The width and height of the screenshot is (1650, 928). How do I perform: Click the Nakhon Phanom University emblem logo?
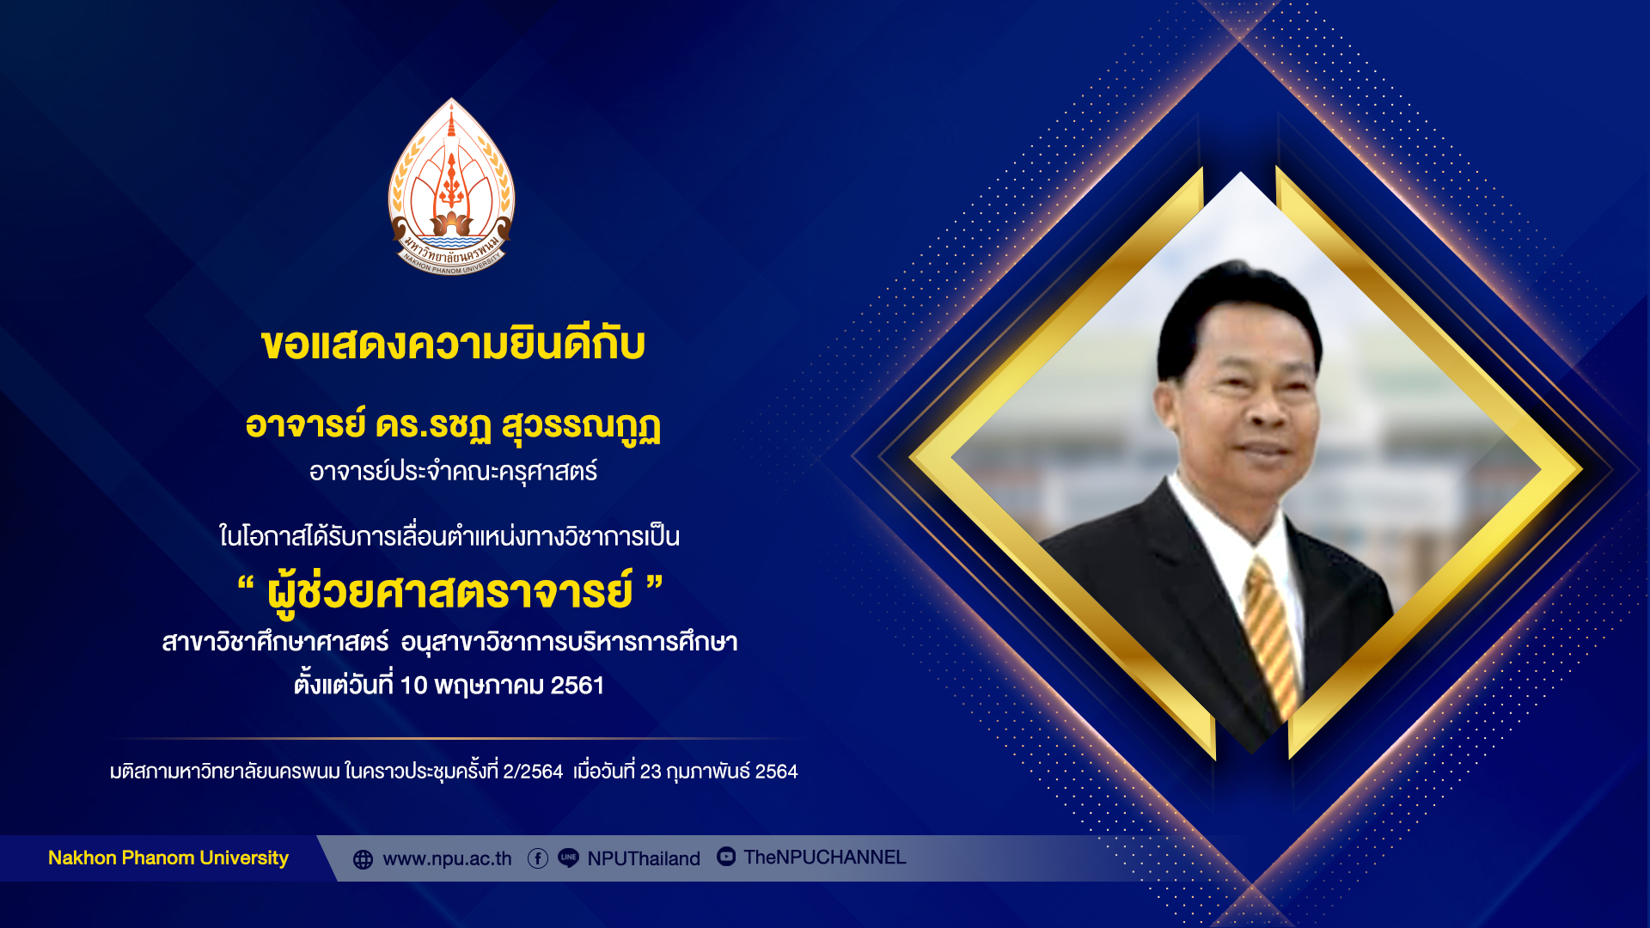click(452, 186)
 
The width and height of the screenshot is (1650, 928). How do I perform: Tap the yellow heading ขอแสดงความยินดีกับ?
click(453, 344)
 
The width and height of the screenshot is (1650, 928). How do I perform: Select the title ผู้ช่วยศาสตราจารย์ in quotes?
click(450, 592)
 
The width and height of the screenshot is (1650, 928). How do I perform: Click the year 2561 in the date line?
click(577, 686)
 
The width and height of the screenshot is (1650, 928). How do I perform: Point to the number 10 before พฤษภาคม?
click(413, 686)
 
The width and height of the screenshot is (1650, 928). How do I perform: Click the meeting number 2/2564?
click(533, 772)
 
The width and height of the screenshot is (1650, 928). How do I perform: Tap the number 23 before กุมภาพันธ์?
click(651, 772)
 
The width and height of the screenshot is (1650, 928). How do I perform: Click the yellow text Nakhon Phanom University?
click(168, 858)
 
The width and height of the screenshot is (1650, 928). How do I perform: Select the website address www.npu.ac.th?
click(447, 859)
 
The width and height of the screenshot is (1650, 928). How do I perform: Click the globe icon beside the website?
click(364, 859)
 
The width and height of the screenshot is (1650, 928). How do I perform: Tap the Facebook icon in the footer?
click(538, 858)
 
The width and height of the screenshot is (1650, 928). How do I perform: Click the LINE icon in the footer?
click(568, 858)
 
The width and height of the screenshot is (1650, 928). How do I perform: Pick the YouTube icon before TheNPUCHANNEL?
click(726, 857)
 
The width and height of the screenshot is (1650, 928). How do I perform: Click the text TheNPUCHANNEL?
click(825, 858)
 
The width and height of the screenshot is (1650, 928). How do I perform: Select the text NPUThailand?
click(644, 859)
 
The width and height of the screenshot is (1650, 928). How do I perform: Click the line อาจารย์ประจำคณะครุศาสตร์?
click(453, 472)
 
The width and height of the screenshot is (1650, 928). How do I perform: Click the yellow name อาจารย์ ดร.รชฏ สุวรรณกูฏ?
click(453, 426)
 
